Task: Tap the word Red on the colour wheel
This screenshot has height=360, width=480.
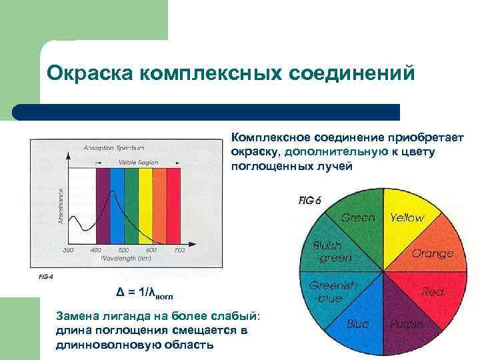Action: [433, 292]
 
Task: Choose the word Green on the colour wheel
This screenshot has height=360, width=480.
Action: [358, 217]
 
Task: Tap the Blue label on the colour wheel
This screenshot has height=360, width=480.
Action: [358, 324]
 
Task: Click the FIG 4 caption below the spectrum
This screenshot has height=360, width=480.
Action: [37, 275]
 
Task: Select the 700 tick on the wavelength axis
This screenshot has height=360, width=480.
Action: [179, 250]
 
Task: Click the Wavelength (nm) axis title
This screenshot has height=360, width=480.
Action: [124, 257]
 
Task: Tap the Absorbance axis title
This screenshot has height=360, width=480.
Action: [61, 206]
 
